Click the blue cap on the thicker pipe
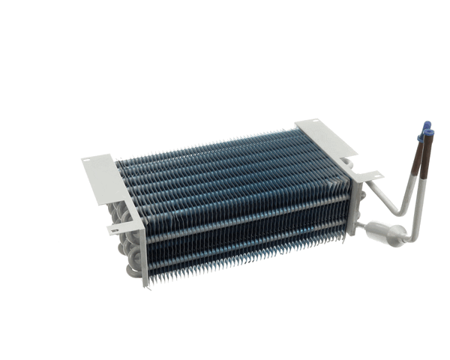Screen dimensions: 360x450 click(x=430, y=133)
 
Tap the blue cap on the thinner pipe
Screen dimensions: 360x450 click(x=426, y=124)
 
